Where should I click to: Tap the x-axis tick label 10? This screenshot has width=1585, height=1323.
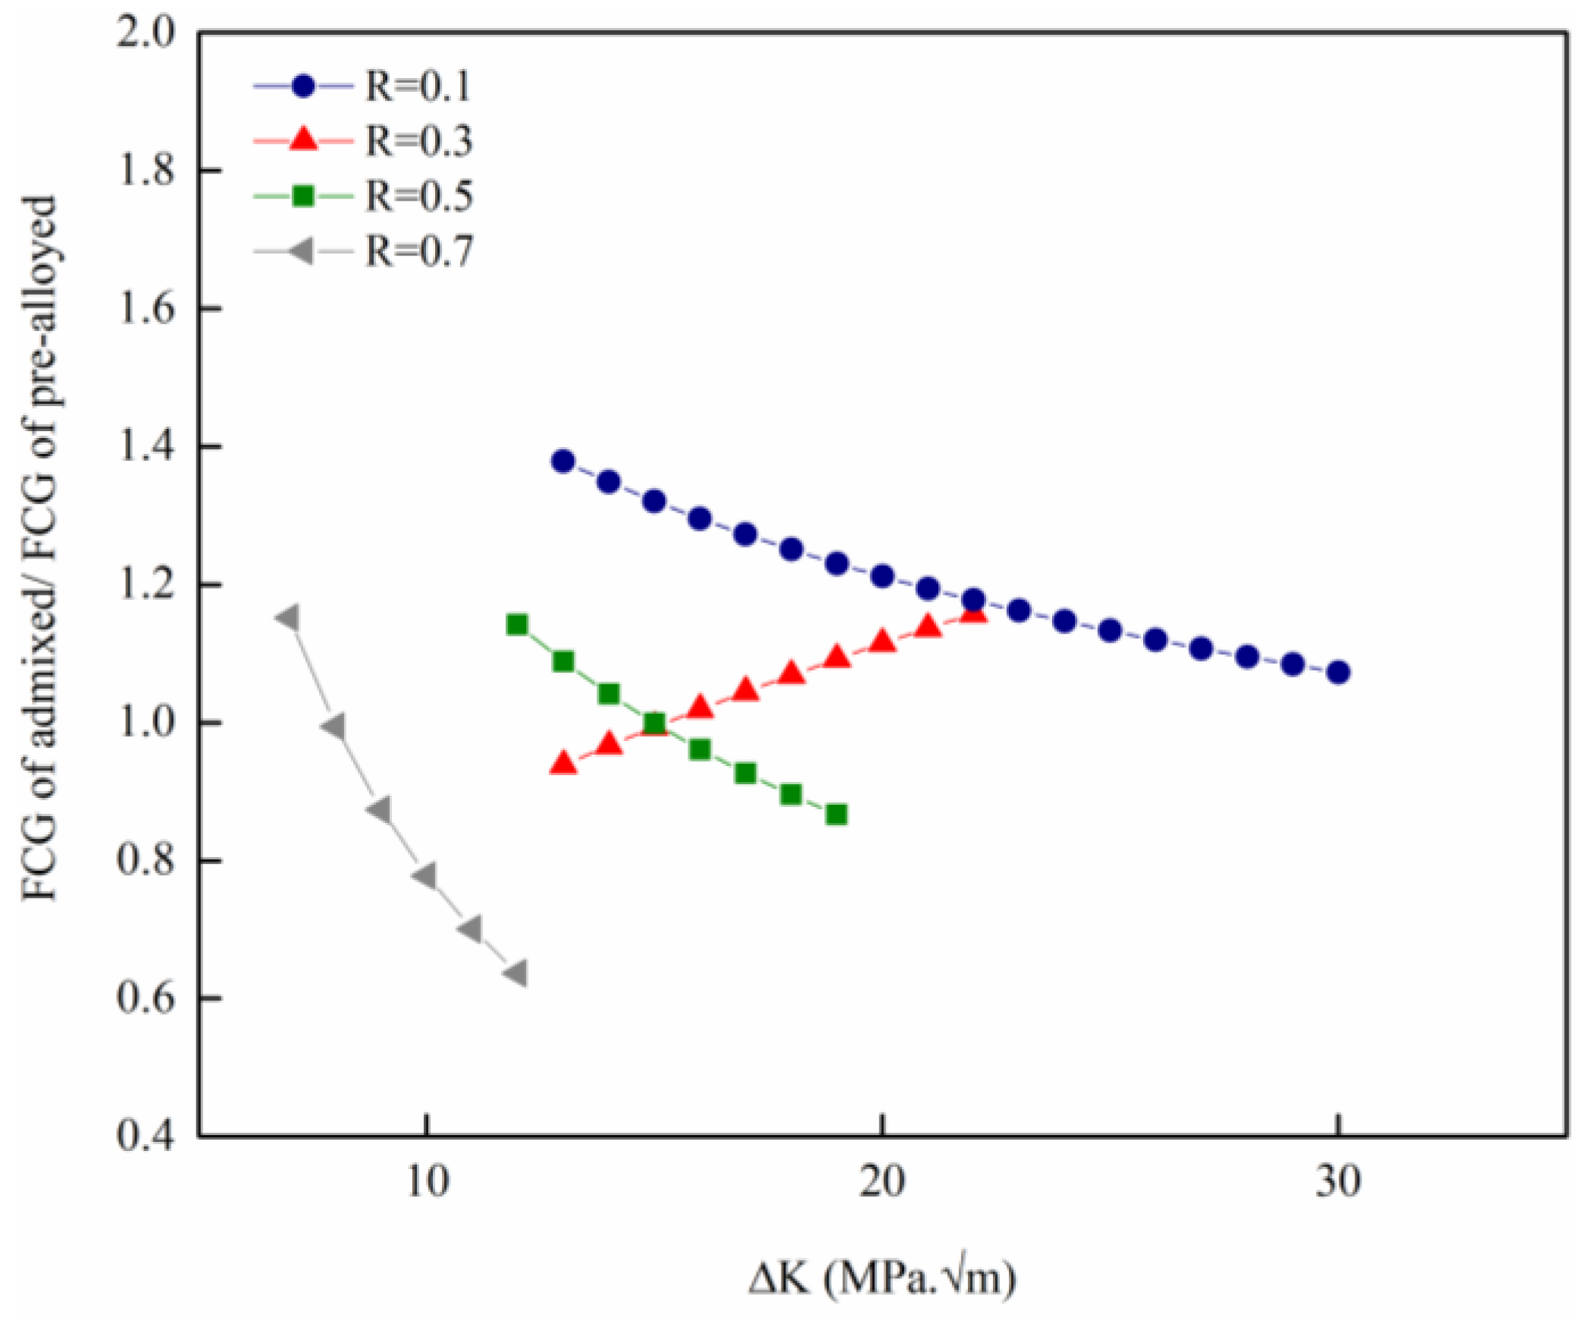(428, 1181)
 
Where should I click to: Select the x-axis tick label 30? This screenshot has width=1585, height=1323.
(1338, 1181)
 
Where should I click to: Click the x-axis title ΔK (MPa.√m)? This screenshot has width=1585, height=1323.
(882, 1279)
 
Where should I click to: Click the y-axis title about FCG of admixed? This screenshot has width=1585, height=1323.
(39, 548)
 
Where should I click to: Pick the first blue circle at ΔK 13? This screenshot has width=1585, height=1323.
(563, 461)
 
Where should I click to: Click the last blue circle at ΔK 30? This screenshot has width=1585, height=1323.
(1339, 672)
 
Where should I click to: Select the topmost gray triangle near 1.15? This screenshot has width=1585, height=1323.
(289, 618)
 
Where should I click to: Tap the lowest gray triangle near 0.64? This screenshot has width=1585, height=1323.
(516, 973)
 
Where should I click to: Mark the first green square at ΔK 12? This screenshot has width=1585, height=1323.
(517, 625)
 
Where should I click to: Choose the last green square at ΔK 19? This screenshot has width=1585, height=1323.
(836, 815)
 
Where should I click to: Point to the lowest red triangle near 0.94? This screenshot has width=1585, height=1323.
(563, 764)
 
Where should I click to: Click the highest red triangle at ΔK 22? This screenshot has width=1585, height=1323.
(973, 612)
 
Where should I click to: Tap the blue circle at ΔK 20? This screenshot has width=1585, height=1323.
(882, 576)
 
